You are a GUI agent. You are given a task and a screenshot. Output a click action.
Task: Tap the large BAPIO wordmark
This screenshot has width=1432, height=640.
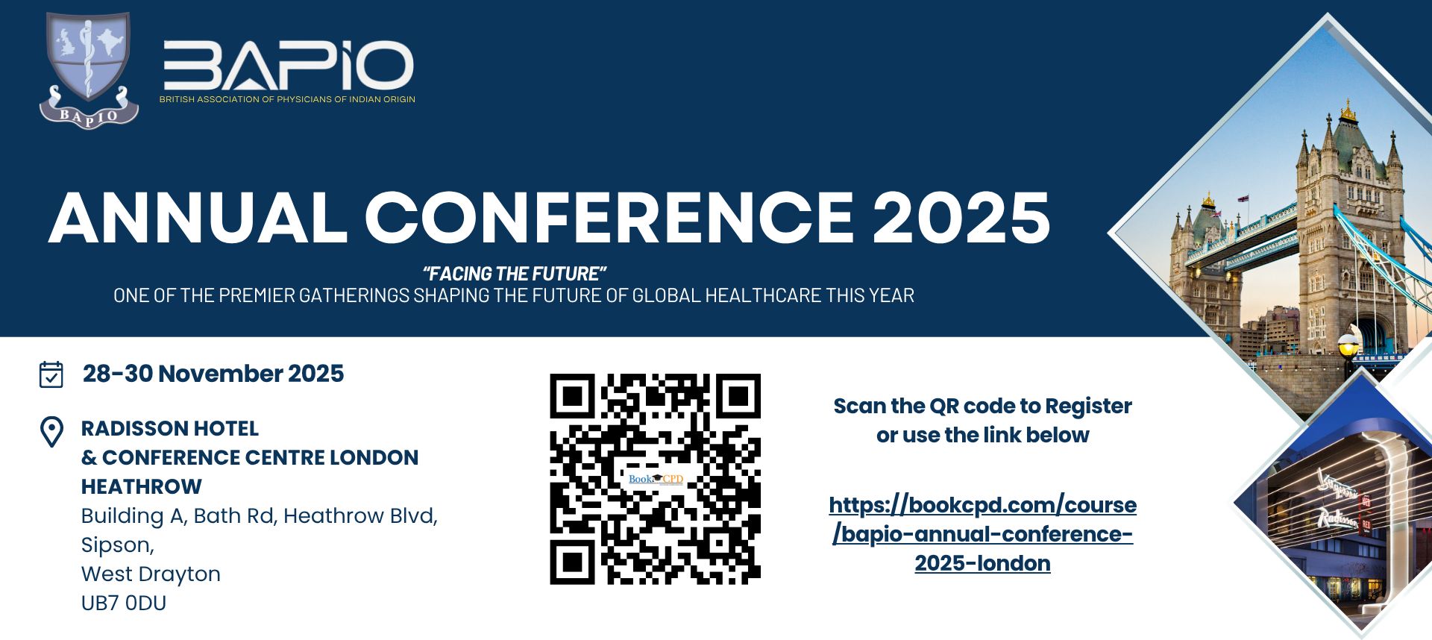tap(289, 66)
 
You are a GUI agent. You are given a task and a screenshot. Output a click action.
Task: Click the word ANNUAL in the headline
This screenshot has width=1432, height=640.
tap(198, 217)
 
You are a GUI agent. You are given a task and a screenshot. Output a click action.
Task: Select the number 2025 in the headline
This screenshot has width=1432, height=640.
tap(961, 217)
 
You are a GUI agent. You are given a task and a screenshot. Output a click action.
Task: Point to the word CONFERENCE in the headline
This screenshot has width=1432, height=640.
tap(609, 217)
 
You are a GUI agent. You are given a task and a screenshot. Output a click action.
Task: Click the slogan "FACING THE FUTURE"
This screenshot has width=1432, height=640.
tap(515, 274)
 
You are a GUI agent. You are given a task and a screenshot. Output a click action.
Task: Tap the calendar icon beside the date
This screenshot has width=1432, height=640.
tap(51, 374)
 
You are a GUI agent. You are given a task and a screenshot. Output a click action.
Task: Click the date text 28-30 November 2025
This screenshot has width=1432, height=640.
tap(213, 373)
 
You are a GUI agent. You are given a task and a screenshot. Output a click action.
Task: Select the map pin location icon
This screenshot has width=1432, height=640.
tap(51, 431)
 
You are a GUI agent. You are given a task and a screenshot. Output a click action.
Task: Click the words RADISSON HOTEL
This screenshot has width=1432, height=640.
tap(170, 428)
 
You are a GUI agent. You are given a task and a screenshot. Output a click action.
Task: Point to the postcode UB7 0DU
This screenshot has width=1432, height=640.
tap(124, 603)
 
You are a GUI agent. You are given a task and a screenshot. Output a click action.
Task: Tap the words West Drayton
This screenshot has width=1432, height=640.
tap(151, 574)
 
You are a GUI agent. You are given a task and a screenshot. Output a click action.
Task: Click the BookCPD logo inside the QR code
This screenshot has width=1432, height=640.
tap(656, 479)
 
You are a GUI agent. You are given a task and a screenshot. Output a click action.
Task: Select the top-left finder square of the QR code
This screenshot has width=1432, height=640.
tap(573, 396)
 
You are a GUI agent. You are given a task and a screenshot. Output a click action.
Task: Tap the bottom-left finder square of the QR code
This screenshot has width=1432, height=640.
tap(573, 562)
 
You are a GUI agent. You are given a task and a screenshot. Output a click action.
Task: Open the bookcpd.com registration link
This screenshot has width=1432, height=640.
tap(983, 534)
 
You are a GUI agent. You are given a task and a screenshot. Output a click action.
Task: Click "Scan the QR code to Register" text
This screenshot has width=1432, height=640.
tap(983, 406)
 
